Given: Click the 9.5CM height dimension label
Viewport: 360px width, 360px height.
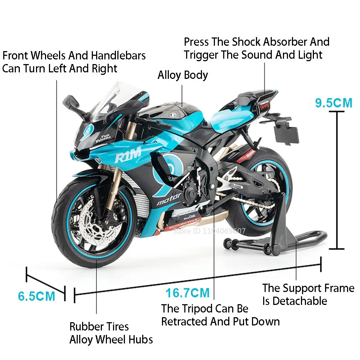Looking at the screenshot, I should (334, 103).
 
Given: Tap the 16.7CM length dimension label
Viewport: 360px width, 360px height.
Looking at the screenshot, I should (187, 293).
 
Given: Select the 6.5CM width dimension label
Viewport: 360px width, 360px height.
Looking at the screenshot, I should (36, 296).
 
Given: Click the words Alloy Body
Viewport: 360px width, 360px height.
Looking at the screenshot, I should (183, 75).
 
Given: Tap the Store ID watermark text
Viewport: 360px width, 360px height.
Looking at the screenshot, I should (209, 231).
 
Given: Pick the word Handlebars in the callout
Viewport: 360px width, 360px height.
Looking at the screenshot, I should (118, 56).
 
